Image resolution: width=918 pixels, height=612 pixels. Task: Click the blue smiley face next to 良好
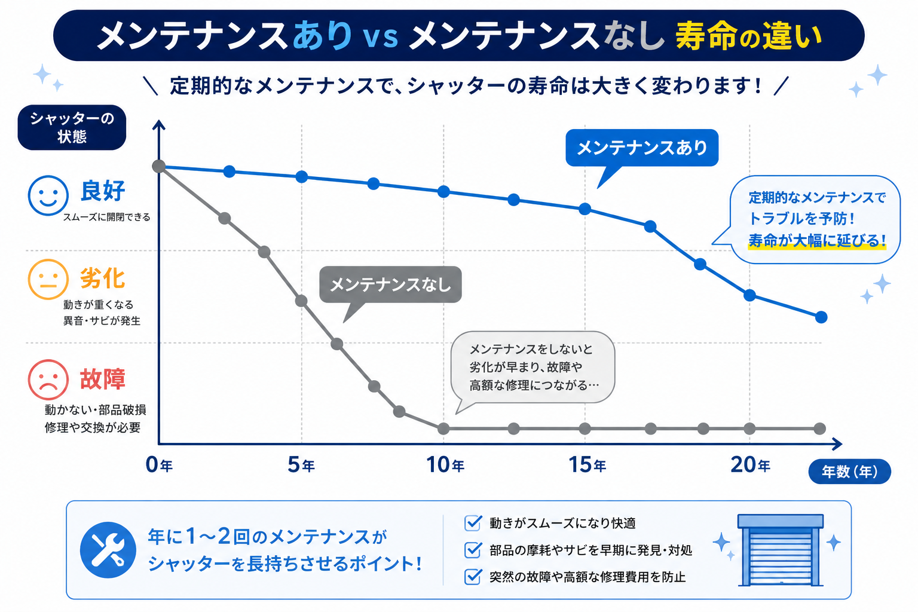pos(48,195)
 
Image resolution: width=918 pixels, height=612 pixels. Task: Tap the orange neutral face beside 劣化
pos(48,279)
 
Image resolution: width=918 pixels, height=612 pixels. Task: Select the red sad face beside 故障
pos(48,380)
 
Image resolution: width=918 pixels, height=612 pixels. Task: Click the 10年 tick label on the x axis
pos(445,465)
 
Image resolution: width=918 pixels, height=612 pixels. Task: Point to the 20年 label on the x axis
pos(751,465)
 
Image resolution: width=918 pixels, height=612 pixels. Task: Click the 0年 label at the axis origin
pos(159,465)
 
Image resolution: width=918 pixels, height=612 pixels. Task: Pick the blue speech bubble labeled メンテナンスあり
pos(642,148)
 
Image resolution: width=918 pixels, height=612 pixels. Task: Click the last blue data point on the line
pos(821,317)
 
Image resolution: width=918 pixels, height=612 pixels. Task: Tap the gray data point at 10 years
pos(443,429)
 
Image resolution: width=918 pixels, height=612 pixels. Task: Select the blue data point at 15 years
pos(585,209)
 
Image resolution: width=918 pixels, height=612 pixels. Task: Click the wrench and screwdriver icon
pos(108,550)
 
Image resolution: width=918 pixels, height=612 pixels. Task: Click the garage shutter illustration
pos(781,550)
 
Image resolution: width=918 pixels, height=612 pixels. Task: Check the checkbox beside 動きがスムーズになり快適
pos(473,523)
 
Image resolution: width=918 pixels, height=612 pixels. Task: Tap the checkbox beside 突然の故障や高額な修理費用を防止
pos(473,577)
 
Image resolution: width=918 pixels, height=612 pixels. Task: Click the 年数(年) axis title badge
pos(849,472)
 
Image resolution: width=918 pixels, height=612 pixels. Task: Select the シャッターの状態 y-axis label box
pos(72,127)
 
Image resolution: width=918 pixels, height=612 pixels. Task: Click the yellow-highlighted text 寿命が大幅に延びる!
pos(817,241)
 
